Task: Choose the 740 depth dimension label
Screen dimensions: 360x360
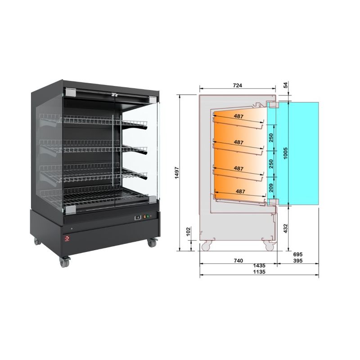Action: [238, 260]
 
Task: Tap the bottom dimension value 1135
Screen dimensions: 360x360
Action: [259, 272]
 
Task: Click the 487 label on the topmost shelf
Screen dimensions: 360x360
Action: [239, 117]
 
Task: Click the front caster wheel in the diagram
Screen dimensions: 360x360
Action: [269, 246]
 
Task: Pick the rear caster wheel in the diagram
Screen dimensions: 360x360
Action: [207, 246]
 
